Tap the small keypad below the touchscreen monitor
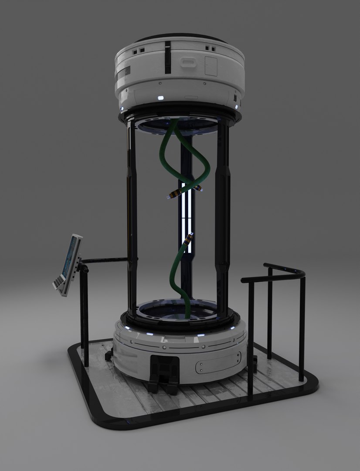(x=60, y=284)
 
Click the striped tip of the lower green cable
(x=189, y=240)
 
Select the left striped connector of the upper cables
(x=173, y=194)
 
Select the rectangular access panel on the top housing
(x=211, y=66)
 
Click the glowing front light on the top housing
(x=160, y=98)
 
